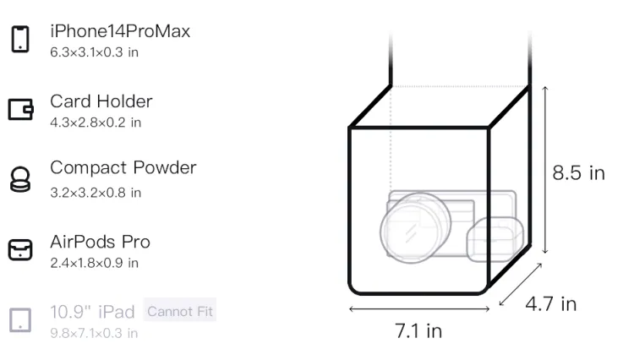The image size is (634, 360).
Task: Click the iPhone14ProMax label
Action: pos(120,31)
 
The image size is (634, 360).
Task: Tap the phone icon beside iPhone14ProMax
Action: pos(20,39)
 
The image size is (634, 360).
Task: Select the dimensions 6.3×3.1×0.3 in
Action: pos(94,52)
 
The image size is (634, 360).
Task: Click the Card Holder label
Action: pos(101,101)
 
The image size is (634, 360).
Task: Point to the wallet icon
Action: pos(20,109)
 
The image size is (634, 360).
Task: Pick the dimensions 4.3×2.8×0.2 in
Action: pos(96,123)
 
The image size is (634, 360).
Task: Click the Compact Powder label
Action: pos(123,167)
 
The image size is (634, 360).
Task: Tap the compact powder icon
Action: pos(20,179)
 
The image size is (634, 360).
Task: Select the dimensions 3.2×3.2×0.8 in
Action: pos(96,193)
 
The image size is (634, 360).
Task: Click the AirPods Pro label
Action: pos(101,242)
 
